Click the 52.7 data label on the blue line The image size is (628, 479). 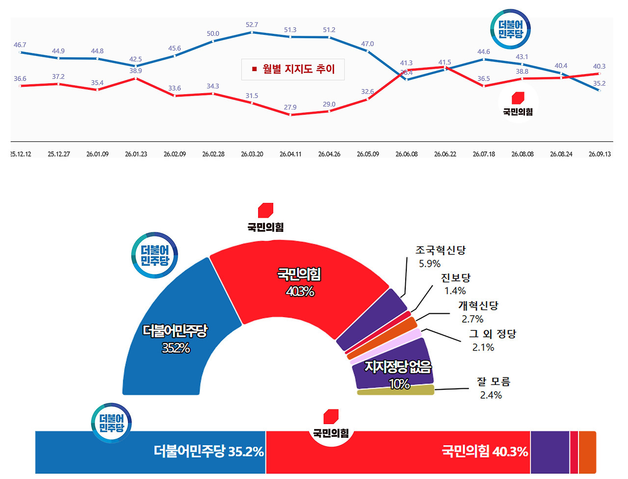[252, 25]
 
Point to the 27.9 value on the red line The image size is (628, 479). [290, 107]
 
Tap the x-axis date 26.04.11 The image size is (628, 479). [290, 154]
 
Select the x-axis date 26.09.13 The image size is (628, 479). [600, 154]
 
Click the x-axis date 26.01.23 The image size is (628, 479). [136, 154]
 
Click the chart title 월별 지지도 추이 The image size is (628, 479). [299, 69]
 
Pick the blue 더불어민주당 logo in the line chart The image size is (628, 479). [510, 29]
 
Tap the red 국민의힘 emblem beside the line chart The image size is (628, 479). [518, 98]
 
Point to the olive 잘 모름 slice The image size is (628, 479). [395, 390]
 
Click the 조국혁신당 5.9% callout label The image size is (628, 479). [441, 256]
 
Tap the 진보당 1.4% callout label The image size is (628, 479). [455, 284]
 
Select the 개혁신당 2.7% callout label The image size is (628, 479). [478, 312]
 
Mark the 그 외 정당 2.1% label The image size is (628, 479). [493, 340]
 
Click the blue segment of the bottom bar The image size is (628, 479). [151, 452]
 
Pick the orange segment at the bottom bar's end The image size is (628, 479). [587, 452]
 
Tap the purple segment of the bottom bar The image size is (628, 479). [550, 452]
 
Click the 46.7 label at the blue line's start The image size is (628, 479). [20, 45]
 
